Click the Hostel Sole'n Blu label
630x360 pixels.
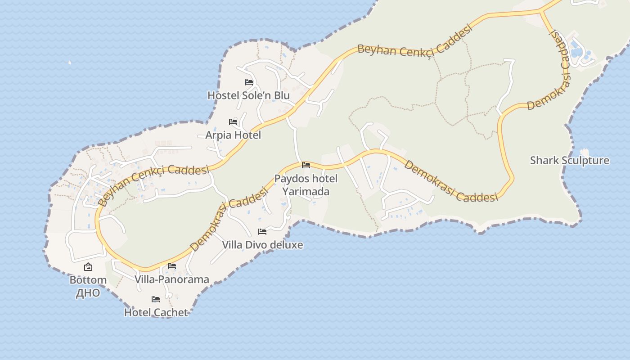[248, 95]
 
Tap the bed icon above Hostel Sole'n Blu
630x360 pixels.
[249, 82]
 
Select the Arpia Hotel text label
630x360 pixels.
[233, 135]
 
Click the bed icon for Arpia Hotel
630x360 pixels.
[233, 122]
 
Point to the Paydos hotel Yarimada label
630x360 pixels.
[306, 185]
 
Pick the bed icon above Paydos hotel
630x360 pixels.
[306, 165]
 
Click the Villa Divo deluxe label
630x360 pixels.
[262, 245]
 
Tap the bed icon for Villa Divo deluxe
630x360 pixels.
[262, 232]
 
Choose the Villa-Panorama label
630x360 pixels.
[172, 279]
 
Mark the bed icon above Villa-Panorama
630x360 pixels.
[172, 266]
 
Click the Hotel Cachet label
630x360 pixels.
[156, 312]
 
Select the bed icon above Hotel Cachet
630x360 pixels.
[156, 299]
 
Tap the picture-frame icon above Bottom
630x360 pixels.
[88, 267]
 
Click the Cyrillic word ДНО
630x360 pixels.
[88, 293]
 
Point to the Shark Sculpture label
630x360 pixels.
[569, 161]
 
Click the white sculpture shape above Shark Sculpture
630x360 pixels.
[585, 152]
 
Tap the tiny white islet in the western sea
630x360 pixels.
[70, 63]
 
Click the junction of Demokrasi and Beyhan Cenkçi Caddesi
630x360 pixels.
[541, 11]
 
